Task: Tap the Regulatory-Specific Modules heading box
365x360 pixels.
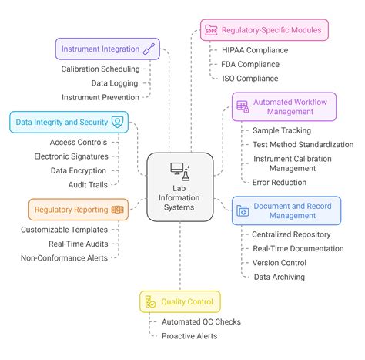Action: tap(264, 30)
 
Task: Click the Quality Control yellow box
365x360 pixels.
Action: tap(181, 301)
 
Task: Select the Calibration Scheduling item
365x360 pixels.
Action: tap(101, 69)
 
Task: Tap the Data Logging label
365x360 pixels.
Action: tap(115, 82)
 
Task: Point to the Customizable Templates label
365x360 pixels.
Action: tap(64, 229)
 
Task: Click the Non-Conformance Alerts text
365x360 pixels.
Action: tap(64, 257)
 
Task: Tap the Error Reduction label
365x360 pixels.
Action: tap(279, 182)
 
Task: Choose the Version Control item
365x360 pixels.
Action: tap(280, 262)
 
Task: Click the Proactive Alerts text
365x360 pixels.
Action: tap(189, 335)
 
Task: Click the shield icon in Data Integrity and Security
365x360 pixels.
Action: tap(117, 121)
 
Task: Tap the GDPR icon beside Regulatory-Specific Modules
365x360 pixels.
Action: tap(210, 30)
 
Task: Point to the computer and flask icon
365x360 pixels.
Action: tap(180, 172)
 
